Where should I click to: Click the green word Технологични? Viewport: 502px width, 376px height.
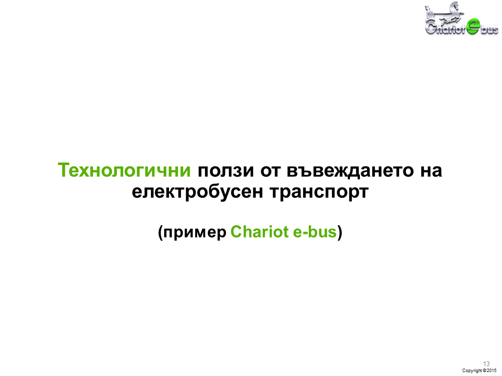(124, 170)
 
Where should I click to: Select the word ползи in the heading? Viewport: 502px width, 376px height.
(226, 170)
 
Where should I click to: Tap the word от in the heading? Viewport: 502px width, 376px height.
(270, 171)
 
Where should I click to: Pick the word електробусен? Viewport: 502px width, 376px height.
(198, 192)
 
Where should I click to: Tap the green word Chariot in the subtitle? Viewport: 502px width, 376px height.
(259, 232)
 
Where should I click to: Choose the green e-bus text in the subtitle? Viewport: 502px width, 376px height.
(315, 232)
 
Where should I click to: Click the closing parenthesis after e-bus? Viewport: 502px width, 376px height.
(340, 233)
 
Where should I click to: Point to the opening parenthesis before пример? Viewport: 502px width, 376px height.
(160, 233)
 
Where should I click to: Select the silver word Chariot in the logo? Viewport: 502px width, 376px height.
(445, 28)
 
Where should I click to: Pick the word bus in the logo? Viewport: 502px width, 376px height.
(489, 30)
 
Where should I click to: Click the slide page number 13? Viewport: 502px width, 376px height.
(486, 364)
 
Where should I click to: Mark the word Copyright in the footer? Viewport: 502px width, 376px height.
(472, 371)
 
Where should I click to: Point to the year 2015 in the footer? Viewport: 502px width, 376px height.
(492, 370)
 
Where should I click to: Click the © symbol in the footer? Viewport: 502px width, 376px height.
(484, 370)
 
